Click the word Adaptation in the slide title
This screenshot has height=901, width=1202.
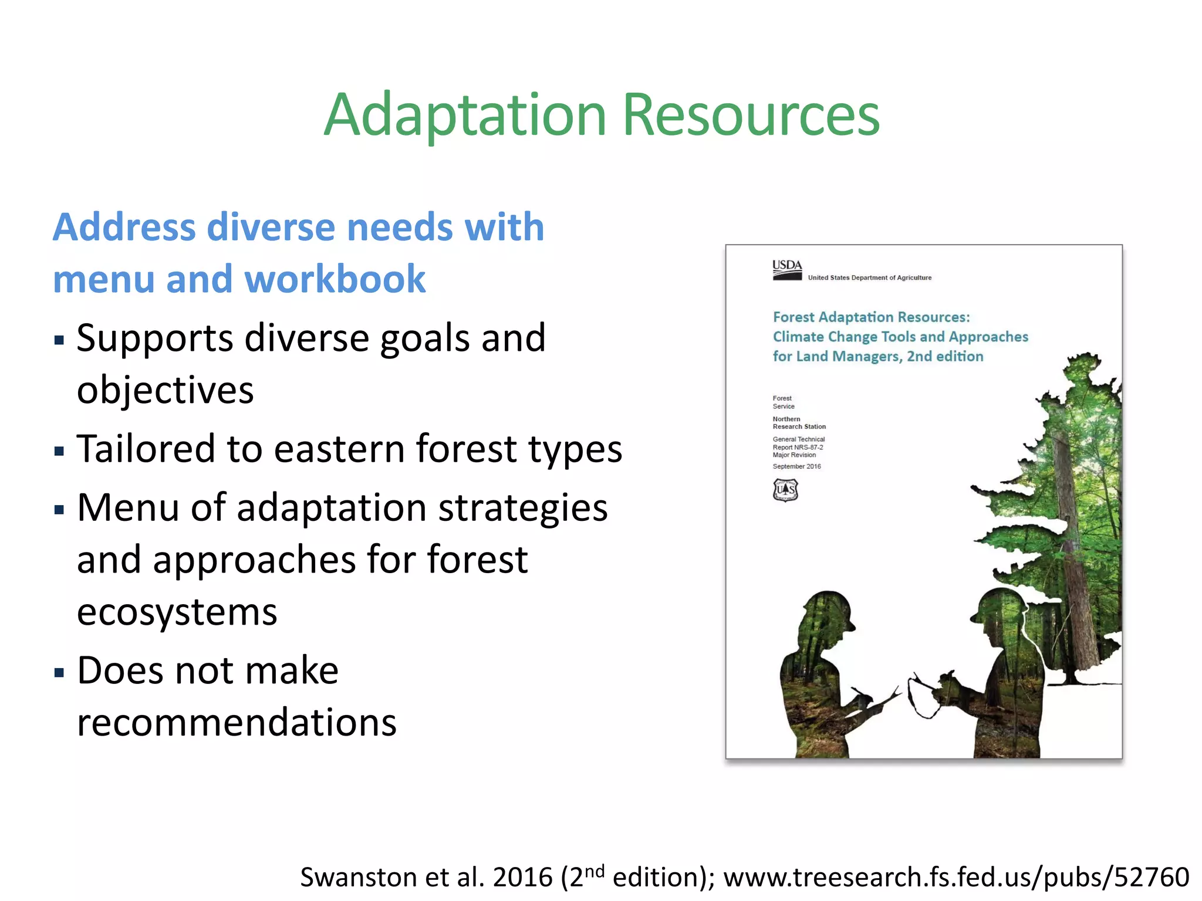pyautogui.click(x=465, y=116)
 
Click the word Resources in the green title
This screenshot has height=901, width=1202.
pyautogui.click(x=751, y=116)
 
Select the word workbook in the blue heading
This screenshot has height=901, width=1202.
pyautogui.click(x=335, y=279)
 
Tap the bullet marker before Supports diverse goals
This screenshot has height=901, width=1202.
pyautogui.click(x=59, y=340)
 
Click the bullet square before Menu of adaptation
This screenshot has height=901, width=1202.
pyautogui.click(x=59, y=509)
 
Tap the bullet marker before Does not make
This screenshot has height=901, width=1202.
pyautogui.click(x=59, y=672)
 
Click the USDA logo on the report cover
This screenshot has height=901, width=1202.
pyautogui.click(x=786, y=270)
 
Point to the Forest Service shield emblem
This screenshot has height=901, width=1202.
pyautogui.click(x=785, y=490)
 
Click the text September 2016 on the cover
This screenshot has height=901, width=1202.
pyautogui.click(x=796, y=467)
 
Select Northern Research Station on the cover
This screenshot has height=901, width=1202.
pyautogui.click(x=798, y=423)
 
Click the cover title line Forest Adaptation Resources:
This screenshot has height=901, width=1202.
pyautogui.click(x=871, y=317)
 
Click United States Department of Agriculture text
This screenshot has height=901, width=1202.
pyautogui.click(x=869, y=278)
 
